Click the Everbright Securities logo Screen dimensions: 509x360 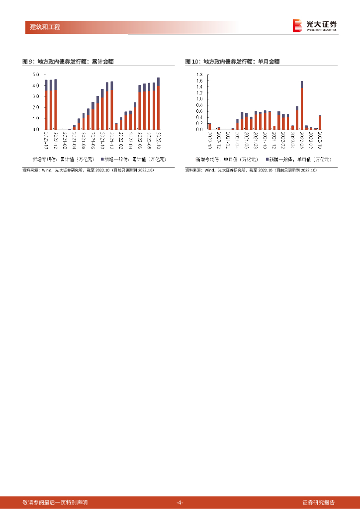(314, 25)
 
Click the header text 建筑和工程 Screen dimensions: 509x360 (42, 27)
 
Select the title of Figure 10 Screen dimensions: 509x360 (232, 62)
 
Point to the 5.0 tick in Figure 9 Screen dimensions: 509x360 (36, 75)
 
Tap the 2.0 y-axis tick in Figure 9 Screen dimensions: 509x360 (36, 107)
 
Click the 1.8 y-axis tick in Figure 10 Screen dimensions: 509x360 (199, 75)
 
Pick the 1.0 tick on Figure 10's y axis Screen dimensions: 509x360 (199, 99)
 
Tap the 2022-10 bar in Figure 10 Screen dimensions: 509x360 (320, 122)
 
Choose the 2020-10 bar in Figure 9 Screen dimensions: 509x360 (46, 104)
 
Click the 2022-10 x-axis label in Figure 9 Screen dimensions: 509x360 (159, 140)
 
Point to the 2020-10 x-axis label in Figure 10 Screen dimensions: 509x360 (210, 140)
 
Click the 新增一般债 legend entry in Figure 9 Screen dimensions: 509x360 (133, 160)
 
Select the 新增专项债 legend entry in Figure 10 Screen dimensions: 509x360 (227, 160)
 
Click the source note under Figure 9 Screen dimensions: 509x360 (89, 170)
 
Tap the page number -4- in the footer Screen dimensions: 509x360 (180, 502)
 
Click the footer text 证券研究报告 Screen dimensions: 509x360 (318, 502)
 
